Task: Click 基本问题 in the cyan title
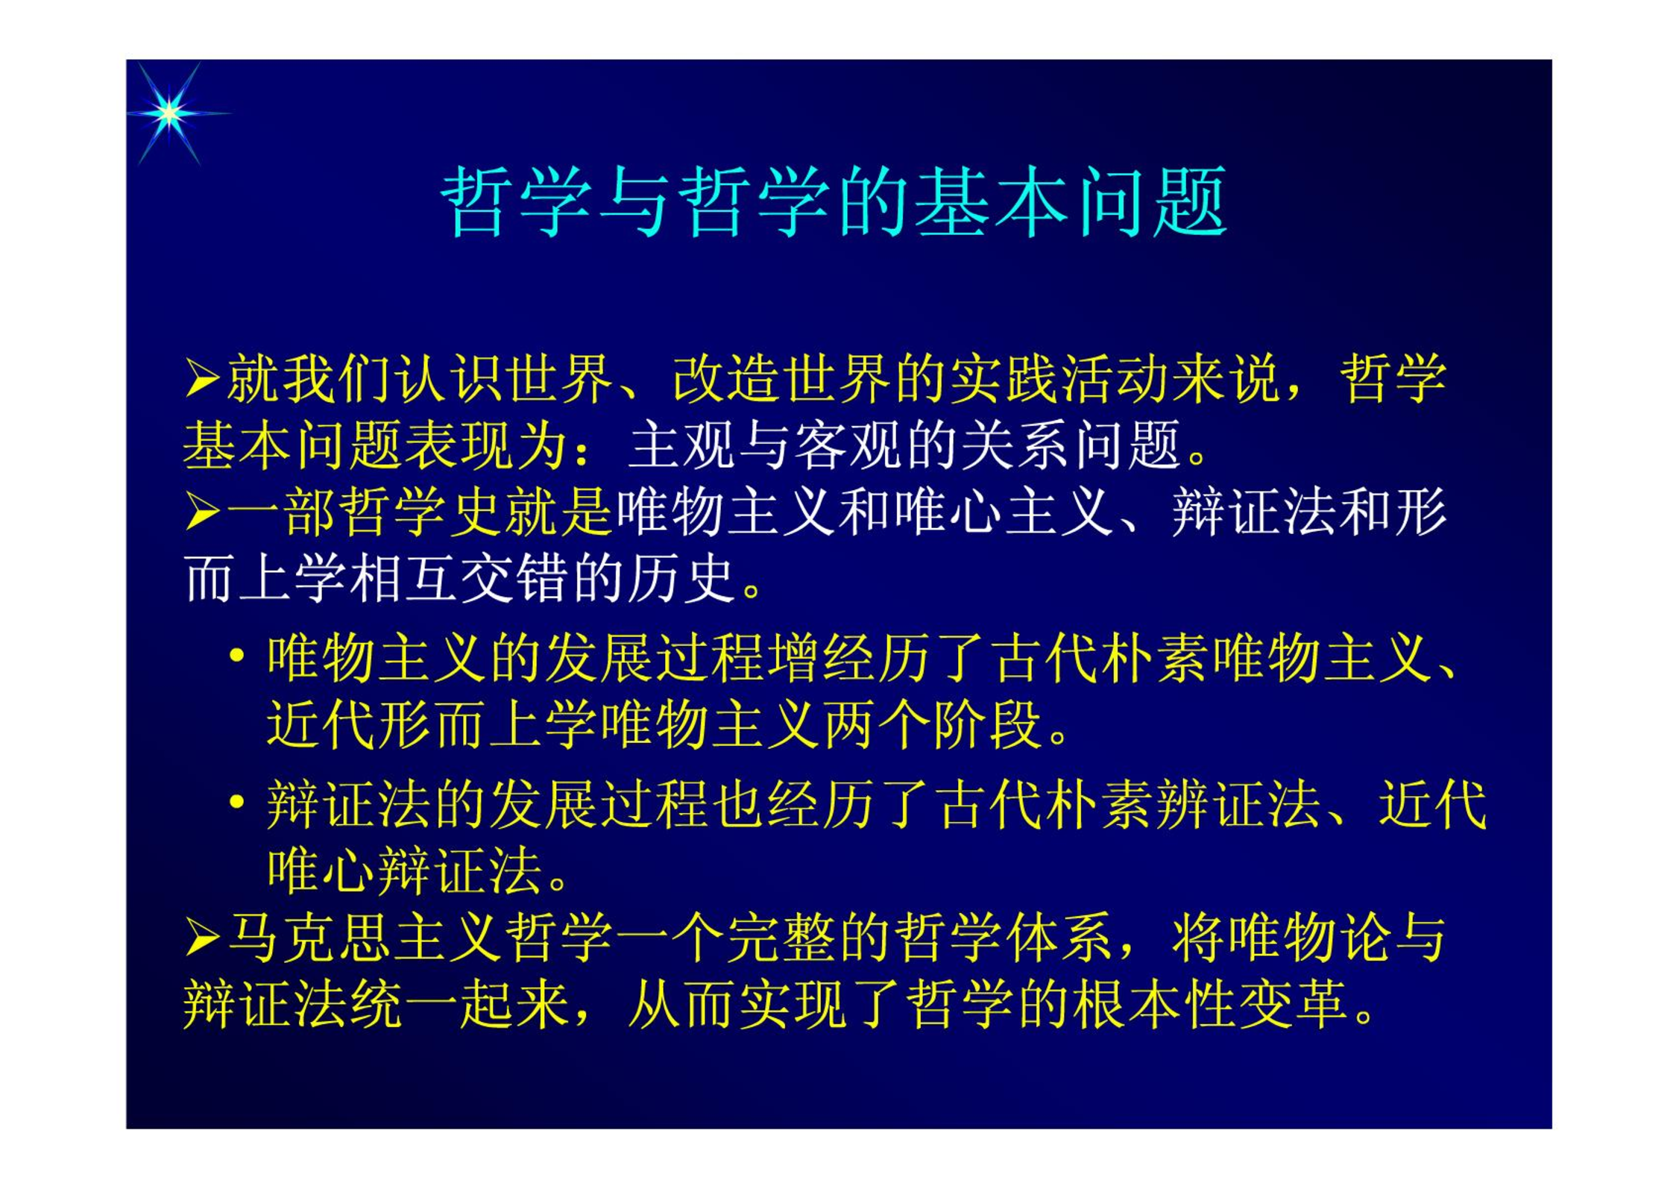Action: (x=1071, y=202)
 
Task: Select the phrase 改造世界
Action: (x=781, y=378)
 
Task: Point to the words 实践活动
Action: (x=1059, y=378)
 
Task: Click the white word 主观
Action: (x=681, y=445)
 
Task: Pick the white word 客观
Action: (x=848, y=445)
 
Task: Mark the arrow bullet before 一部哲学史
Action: (x=202, y=512)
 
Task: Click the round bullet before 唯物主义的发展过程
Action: (x=237, y=656)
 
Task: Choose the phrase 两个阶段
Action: (x=932, y=724)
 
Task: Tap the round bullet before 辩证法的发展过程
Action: (x=237, y=803)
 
